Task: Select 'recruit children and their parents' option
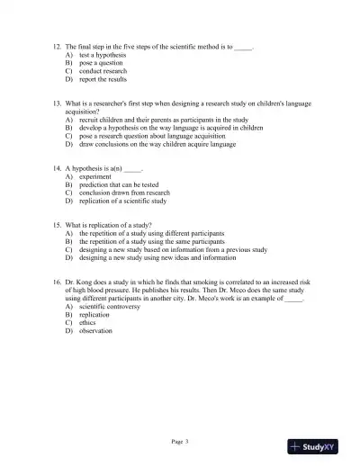tap(163, 120)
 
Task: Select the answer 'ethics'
tap(88, 323)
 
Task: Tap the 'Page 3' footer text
tap(180, 441)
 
